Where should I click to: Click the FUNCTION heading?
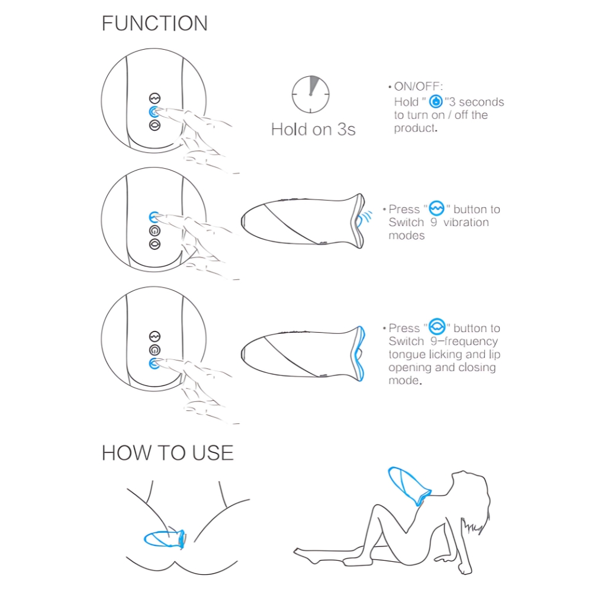click(155, 24)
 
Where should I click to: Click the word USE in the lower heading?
click(213, 453)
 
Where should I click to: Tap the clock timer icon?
click(310, 94)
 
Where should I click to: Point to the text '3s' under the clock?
click(346, 130)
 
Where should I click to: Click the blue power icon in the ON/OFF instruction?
click(436, 101)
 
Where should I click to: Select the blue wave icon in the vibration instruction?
click(436, 208)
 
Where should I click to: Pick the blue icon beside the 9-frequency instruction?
click(437, 327)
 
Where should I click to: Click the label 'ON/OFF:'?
click(419, 86)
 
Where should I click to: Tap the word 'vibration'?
click(466, 223)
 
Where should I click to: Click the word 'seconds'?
click(481, 102)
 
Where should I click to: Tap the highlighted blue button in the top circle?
click(154, 112)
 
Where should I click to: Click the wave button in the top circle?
click(155, 98)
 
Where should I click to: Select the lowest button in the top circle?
click(155, 126)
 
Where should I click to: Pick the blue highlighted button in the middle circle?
click(154, 217)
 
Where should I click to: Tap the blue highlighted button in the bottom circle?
click(154, 363)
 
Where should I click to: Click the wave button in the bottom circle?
click(155, 336)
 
